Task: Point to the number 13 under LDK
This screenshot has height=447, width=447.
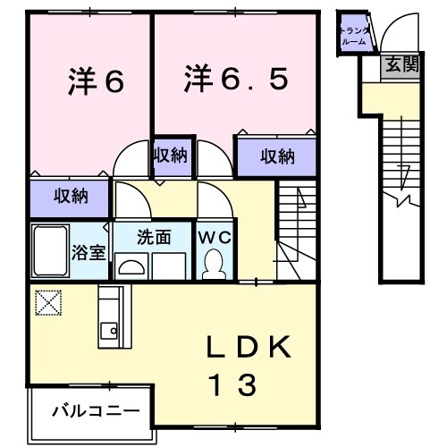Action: point(235,385)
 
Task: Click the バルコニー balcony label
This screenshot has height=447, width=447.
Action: point(95,412)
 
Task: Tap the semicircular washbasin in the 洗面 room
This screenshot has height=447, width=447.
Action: point(131,265)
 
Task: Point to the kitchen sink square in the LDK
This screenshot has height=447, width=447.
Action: point(109,330)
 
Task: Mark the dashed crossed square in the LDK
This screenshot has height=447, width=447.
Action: point(46,303)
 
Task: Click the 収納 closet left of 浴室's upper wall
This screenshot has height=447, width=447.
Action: point(69,195)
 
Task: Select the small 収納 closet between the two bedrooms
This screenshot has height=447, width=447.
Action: point(169,156)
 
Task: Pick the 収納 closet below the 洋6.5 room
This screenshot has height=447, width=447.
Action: point(276,156)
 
